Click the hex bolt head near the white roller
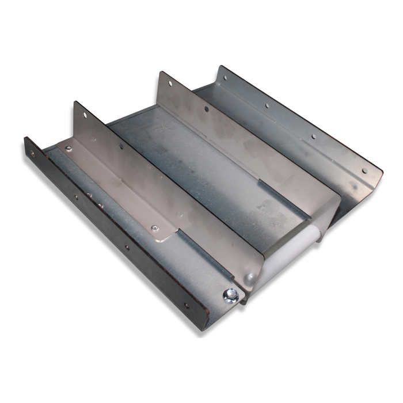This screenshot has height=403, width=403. (x=231, y=295)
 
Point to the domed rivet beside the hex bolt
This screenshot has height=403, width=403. (x=250, y=278)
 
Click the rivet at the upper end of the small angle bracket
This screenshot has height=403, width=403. (x=69, y=149)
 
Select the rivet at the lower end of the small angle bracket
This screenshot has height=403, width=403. (x=154, y=228)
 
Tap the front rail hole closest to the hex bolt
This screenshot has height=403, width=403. (x=185, y=306)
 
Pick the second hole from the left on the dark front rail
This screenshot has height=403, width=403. (x=75, y=196)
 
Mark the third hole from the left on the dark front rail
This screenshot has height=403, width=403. (x=127, y=248)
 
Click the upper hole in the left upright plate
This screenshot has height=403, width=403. (x=85, y=115)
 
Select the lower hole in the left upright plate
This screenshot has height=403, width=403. (x=121, y=146)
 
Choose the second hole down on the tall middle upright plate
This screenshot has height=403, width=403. (x=206, y=109)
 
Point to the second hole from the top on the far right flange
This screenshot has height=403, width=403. (x=267, y=106)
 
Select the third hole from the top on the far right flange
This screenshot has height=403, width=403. (x=313, y=137)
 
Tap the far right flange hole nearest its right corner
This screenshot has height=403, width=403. (x=364, y=170)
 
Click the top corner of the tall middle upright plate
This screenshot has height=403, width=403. (x=161, y=72)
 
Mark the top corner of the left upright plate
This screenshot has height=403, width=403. (x=75, y=102)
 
